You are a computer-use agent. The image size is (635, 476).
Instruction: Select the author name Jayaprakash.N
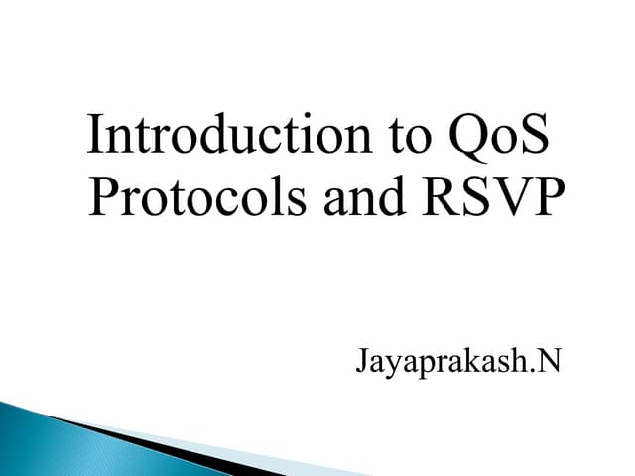point(457,361)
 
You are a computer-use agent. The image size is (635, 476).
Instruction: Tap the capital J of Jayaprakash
point(361,359)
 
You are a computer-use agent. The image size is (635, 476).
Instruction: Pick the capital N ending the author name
point(548,358)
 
